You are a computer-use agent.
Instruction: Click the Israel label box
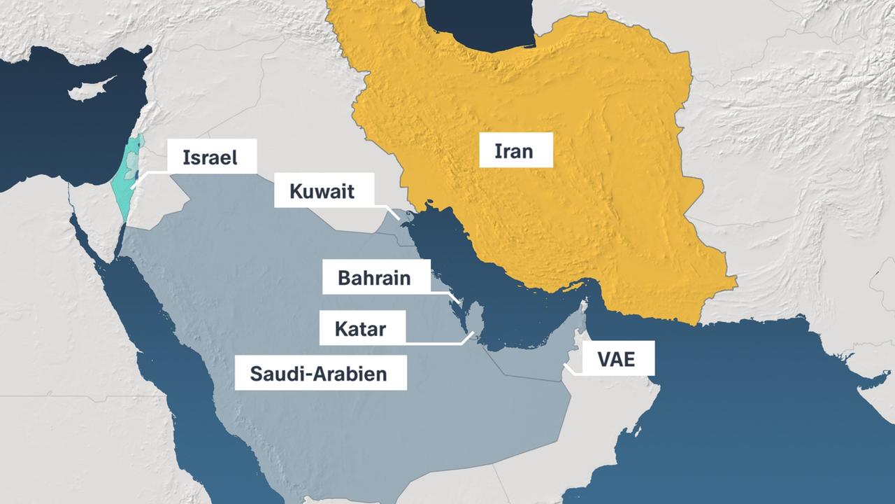click(210, 157)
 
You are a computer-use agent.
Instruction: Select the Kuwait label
click(323, 191)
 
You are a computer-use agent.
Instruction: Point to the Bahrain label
click(374, 278)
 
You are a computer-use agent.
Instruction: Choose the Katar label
click(360, 328)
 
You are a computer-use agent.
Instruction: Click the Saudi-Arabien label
click(320, 372)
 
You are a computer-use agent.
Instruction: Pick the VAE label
click(615, 360)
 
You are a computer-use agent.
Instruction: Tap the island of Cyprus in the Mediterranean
click(87, 91)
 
